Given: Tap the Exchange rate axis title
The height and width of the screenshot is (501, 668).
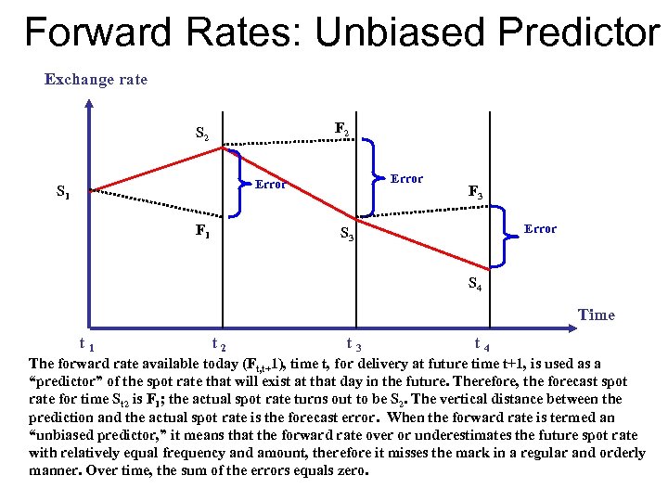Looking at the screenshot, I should tap(96, 79).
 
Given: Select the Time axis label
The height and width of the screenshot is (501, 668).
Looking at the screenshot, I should tap(596, 315).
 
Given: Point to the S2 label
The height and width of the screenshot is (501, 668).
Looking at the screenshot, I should tap(201, 133).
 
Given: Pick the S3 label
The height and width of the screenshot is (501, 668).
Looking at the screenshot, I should tap(345, 235).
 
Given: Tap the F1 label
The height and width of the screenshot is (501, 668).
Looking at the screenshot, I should tap(201, 231).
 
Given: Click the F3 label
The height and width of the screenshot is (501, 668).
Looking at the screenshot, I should tap(474, 193).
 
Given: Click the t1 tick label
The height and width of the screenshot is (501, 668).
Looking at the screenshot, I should tap(89, 344).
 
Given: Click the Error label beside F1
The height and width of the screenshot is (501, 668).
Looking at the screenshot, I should tap(271, 185).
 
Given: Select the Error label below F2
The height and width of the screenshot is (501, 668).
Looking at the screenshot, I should tap(406, 178).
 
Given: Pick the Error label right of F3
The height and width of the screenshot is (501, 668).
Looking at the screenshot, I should tap(540, 228).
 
